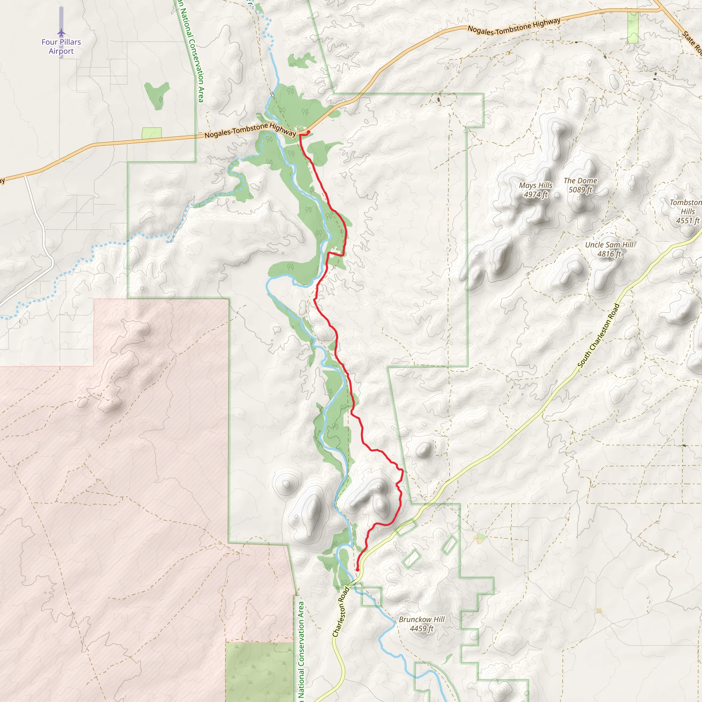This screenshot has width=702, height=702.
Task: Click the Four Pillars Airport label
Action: (61, 47)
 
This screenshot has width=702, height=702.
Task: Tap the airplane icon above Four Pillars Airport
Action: (61, 33)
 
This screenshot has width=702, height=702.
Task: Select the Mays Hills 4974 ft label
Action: (536, 190)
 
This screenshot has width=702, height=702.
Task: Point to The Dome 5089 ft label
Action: (580, 185)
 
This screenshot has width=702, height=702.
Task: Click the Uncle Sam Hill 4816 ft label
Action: (609, 249)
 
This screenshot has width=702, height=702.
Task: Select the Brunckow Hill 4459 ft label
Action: (422, 624)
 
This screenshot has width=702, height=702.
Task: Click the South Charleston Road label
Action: (598, 335)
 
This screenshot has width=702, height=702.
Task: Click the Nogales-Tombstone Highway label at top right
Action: (514, 26)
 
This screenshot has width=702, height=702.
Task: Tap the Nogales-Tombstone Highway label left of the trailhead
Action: (250, 130)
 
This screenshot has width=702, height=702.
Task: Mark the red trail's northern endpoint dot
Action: (308, 132)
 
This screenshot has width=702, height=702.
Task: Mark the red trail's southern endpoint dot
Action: (357, 570)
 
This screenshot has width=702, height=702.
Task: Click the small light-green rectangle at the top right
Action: (633, 28)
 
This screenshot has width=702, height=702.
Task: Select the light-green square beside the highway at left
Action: (152, 133)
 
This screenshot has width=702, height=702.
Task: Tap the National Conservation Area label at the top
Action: (192, 51)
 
